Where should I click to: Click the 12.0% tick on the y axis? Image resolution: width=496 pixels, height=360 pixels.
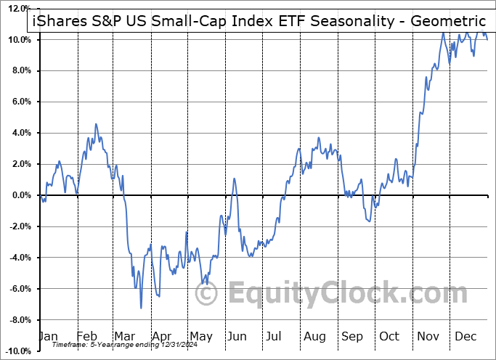(18, 8)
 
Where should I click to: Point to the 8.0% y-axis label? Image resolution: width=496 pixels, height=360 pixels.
(20, 70)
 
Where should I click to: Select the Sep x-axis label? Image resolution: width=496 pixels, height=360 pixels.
(351, 337)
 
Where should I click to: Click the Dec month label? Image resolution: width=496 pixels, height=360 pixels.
(465, 337)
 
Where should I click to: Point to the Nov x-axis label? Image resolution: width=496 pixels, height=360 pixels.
(428, 337)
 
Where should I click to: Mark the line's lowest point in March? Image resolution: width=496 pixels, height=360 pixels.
(141, 308)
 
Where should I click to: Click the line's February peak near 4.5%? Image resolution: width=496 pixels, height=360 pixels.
(95, 124)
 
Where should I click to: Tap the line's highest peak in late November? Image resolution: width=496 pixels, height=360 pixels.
(442, 33)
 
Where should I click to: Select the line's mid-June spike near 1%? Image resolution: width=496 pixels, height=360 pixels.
(235, 179)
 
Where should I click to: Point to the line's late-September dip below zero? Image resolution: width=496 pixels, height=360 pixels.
(370, 221)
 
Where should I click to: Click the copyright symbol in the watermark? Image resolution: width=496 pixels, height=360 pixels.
(208, 294)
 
